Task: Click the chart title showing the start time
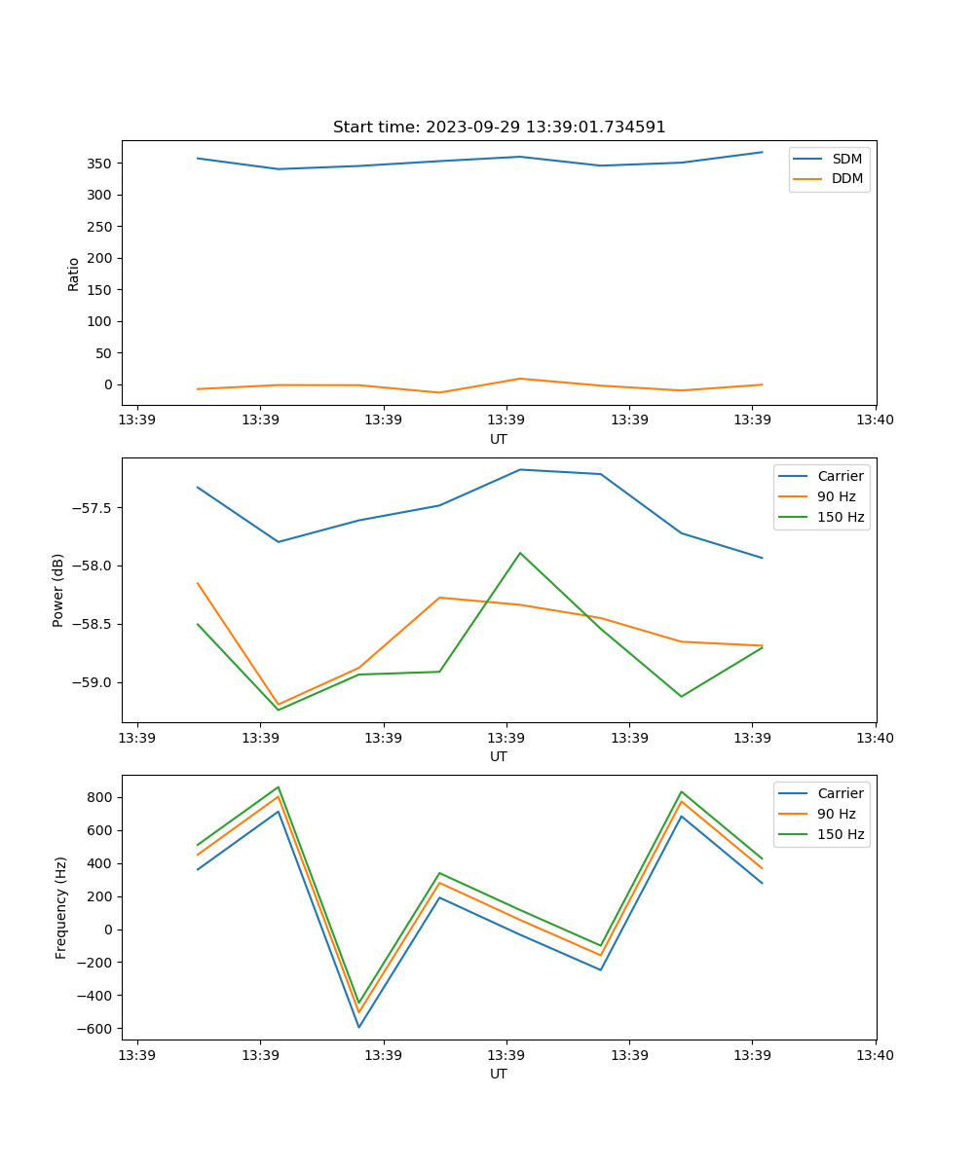coord(499,128)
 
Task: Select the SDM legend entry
coord(846,159)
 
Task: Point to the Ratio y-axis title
coord(74,274)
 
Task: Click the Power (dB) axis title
coord(58,590)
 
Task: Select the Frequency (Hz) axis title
coord(60,907)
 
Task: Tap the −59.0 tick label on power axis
coord(92,682)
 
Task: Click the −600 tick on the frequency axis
coord(94,1029)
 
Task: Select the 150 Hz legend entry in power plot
coord(841,517)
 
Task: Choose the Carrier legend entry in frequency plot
coord(841,793)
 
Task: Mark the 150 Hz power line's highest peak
coord(520,553)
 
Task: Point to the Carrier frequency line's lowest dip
coord(358,1027)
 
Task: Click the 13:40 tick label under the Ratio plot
coord(875,420)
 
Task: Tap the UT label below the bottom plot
coord(499,1074)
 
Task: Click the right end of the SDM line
coord(762,152)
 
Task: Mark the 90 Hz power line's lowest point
coord(279,705)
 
